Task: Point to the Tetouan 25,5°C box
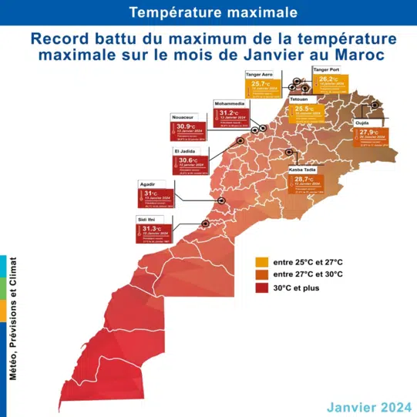305,109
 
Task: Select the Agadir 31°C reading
153,193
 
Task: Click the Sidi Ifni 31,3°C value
153,228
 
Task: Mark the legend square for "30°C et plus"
262,288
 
